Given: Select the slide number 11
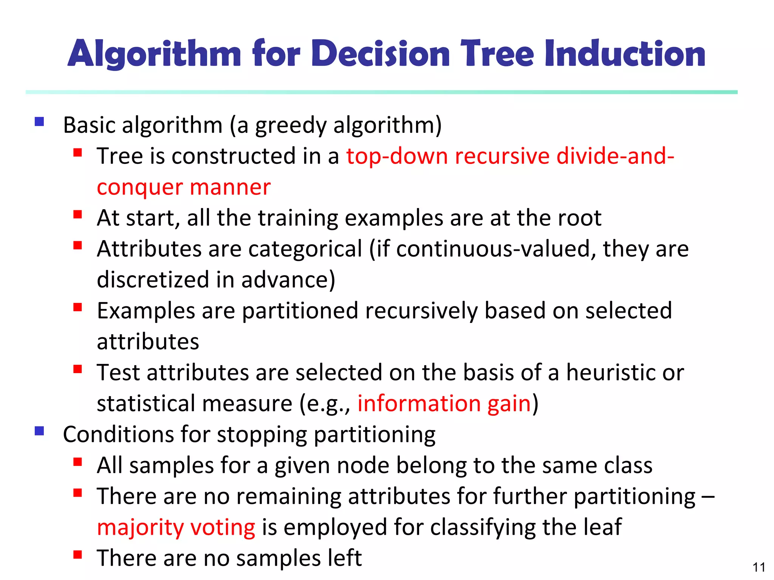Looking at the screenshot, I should (759, 567).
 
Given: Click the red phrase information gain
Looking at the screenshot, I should (444, 404).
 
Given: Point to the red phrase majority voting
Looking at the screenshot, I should (176, 528).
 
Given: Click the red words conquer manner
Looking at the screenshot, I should (184, 187).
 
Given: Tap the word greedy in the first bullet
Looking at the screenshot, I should (291, 126).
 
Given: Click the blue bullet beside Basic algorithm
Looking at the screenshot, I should (39, 122).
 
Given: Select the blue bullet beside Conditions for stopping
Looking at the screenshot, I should (39, 431).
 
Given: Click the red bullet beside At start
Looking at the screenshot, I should (78, 214).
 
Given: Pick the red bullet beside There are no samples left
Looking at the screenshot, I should (78, 555).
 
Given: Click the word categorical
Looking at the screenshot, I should (305, 249).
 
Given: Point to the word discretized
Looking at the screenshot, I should (153, 280).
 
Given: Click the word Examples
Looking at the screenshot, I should (146, 311).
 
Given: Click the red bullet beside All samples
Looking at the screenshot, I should (78, 462).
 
